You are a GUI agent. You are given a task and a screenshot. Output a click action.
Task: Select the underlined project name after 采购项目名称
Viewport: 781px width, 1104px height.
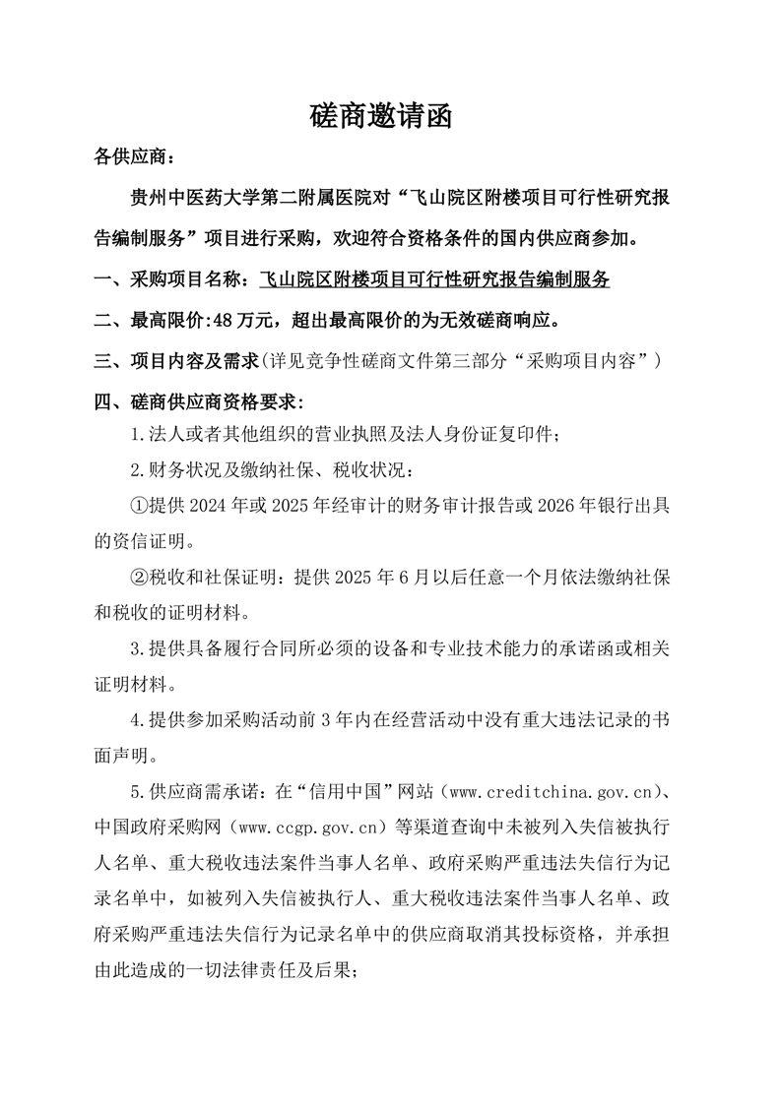click(433, 279)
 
